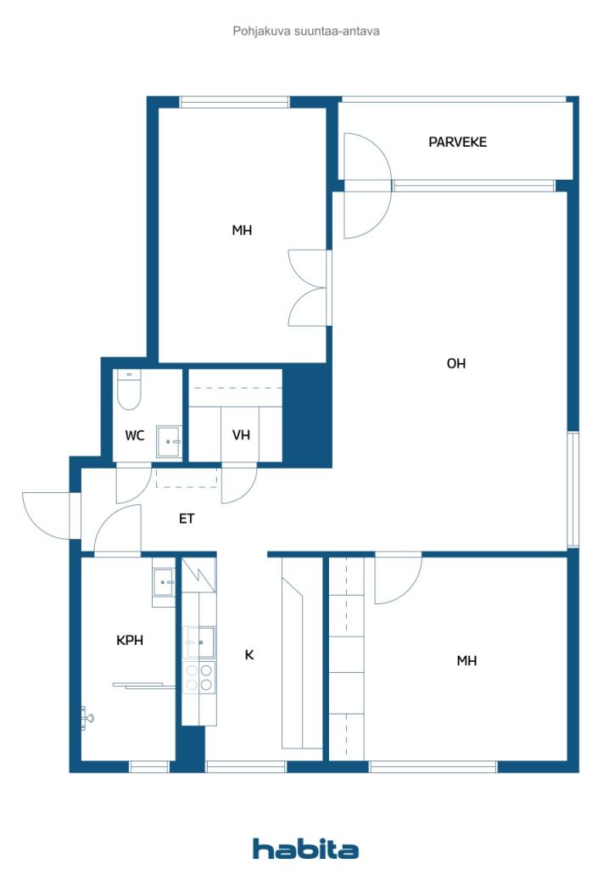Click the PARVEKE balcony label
(457, 142)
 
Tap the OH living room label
(456, 363)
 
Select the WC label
(135, 435)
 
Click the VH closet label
(241, 435)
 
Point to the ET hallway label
(187, 519)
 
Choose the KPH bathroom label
(130, 641)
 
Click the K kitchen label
(249, 655)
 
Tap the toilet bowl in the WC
(129, 390)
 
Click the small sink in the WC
(169, 441)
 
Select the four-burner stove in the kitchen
(199, 678)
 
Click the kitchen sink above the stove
(200, 643)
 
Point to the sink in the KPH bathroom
(164, 582)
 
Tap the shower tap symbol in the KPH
(87, 718)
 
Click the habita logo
(305, 849)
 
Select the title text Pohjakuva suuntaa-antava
(306, 31)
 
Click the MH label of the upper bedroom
(242, 230)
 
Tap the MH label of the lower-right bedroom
(466, 660)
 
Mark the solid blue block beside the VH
(307, 416)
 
